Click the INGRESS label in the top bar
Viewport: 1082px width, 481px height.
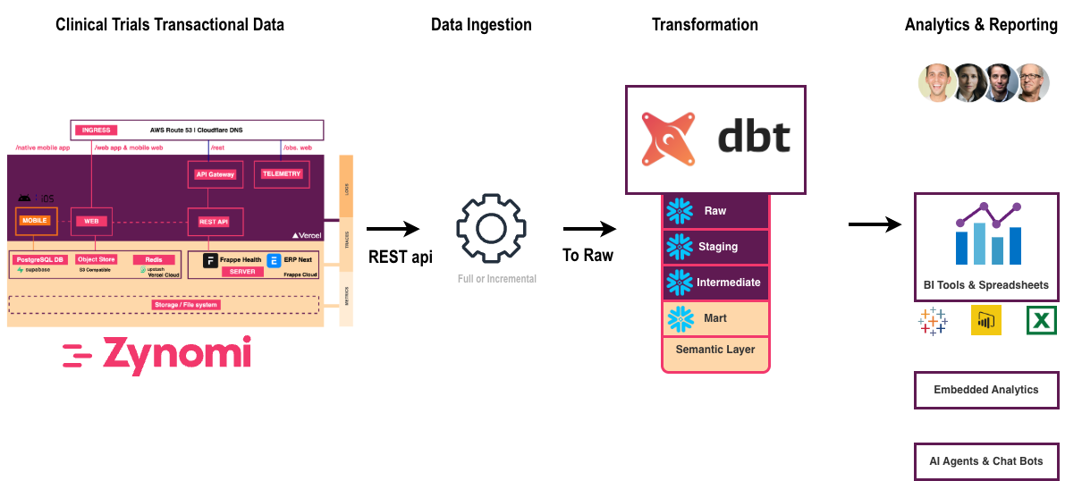(96, 130)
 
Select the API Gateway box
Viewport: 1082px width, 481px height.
(215, 174)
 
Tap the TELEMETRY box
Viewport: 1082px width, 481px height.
(282, 173)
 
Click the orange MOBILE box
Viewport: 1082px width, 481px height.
(36, 220)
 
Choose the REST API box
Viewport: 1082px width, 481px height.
(215, 221)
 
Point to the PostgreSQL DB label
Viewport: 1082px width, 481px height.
(41, 259)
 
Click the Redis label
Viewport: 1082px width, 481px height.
(153, 259)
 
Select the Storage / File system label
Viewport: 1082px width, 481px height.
(186, 305)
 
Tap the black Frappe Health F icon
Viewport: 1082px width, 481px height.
(210, 261)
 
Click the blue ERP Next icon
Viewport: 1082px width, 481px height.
(275, 260)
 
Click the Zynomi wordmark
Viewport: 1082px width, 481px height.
(157, 355)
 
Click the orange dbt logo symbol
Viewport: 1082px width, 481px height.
(667, 140)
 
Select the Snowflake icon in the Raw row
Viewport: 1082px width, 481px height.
(680, 211)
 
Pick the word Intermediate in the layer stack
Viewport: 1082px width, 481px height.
(728, 283)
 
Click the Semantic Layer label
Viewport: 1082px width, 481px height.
(715, 350)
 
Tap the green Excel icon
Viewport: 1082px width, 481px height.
(1041, 320)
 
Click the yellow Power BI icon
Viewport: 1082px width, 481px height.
(985, 320)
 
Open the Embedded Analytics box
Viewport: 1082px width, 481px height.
(985, 390)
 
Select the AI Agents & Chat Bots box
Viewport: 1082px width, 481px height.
(985, 461)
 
